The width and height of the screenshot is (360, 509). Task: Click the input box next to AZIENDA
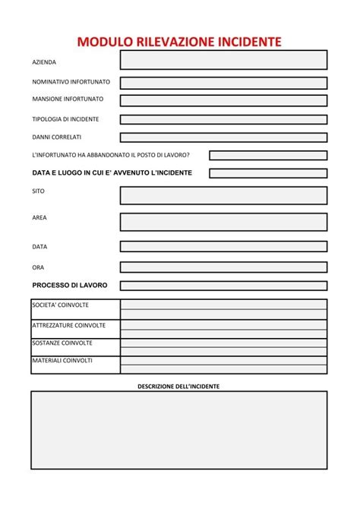pyautogui.click(x=223, y=60)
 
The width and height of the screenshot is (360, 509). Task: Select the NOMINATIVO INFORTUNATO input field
pyautogui.click(x=223, y=83)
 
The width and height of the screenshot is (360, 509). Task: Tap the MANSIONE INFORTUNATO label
pyautogui.click(x=68, y=100)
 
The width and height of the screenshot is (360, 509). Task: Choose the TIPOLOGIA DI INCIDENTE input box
pyautogui.click(x=223, y=119)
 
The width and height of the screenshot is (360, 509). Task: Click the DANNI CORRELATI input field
pyautogui.click(x=223, y=138)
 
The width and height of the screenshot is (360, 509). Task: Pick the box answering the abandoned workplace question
pyautogui.click(x=268, y=155)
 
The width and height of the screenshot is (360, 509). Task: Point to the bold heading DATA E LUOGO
pyautogui.click(x=112, y=173)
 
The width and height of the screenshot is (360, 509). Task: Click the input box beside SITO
pyautogui.click(x=223, y=195)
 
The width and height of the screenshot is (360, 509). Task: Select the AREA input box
pyautogui.click(x=223, y=222)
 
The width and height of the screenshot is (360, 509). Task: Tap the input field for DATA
pyautogui.click(x=223, y=247)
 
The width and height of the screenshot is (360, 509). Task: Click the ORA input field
pyautogui.click(x=223, y=267)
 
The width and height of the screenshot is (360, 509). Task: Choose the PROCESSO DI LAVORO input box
pyautogui.click(x=223, y=286)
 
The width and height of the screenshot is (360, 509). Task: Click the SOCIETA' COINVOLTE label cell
pyautogui.click(x=75, y=308)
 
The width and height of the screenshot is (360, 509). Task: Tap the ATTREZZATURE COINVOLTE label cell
pyautogui.click(x=75, y=328)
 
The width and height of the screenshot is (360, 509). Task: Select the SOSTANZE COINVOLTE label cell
pyautogui.click(x=75, y=346)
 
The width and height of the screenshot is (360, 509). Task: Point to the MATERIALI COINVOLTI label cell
pyautogui.click(x=75, y=365)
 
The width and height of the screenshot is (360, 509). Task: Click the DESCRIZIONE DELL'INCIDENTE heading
pyautogui.click(x=178, y=387)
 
